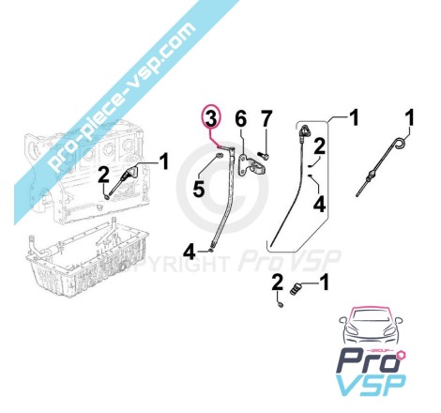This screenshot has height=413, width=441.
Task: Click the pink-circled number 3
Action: coord(211,118)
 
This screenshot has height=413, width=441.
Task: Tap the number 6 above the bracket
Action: coord(241,119)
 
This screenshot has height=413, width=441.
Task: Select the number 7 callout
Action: coord(266,119)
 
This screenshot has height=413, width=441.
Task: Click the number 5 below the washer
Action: coord(199,189)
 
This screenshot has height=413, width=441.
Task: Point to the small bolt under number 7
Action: coord(265,155)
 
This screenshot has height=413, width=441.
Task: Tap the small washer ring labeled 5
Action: coord(219,155)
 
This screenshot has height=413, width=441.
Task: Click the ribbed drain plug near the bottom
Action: coord(296,288)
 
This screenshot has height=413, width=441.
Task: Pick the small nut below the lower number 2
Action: coord(281,304)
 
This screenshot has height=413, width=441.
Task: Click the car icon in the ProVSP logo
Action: coord(371,326)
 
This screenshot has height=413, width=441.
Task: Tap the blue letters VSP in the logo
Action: coord(373,385)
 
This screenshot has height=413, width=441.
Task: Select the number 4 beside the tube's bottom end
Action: coord(190,252)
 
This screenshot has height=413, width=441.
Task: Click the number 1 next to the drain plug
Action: coord(325,282)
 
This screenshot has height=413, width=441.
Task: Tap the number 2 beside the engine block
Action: coord(103,176)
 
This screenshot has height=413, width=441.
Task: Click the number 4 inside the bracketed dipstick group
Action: coord(320,206)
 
